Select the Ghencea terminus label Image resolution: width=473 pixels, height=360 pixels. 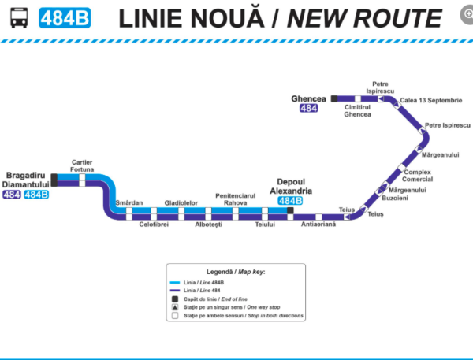(x=308, y=98)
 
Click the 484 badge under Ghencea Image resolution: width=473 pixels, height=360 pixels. (x=309, y=109)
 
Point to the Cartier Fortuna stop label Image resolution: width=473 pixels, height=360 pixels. (x=82, y=165)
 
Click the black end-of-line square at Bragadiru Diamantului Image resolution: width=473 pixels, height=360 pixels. (x=54, y=180)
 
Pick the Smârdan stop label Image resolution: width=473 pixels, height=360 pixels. (x=129, y=202)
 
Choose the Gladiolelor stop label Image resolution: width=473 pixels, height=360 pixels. (x=181, y=202)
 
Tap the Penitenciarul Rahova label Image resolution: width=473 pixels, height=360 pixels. (x=235, y=199)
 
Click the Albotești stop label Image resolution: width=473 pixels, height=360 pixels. (x=208, y=225)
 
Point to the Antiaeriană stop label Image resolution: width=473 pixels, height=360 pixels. (x=318, y=225)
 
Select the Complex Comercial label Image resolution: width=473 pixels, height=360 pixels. (x=417, y=175)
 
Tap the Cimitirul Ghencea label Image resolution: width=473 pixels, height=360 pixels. (x=357, y=111)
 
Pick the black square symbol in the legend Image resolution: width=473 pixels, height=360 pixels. (x=175, y=299)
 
